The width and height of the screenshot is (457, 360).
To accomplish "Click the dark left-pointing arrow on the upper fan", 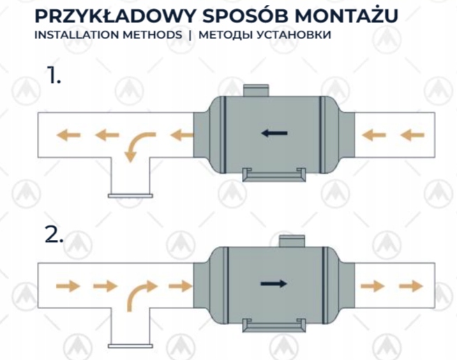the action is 274,132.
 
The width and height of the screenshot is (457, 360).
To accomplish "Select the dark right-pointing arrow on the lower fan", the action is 273,283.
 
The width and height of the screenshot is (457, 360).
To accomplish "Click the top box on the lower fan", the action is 290,241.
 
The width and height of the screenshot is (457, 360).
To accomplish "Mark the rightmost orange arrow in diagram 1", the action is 413,135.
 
